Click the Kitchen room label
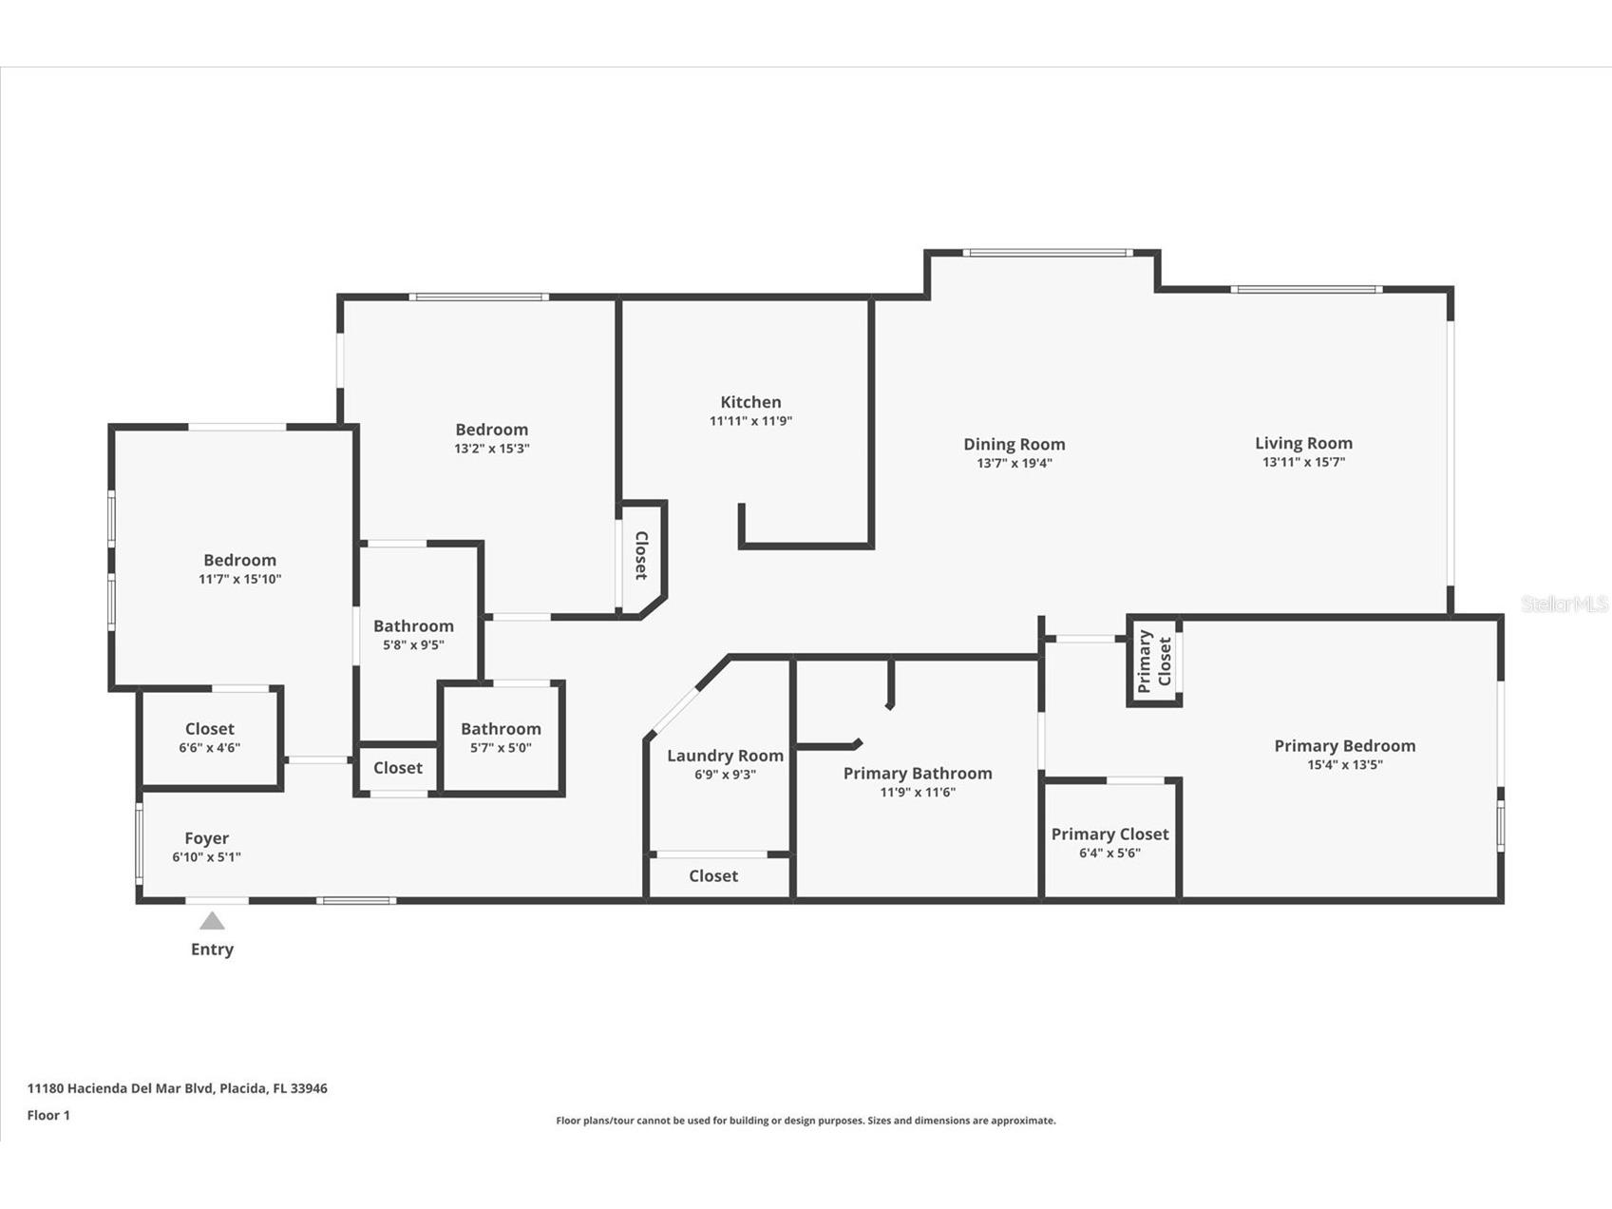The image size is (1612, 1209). (750, 402)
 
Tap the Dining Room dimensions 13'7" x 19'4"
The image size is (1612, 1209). (1014, 464)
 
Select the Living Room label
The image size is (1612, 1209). (1303, 443)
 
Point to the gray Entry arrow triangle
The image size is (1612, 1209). (212, 921)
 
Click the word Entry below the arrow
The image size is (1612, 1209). (212, 949)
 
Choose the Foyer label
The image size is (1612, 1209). (206, 838)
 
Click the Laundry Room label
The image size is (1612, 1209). (725, 756)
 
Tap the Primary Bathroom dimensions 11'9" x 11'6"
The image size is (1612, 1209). (917, 792)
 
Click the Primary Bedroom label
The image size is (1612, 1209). (1344, 746)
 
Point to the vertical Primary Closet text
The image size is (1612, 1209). (1154, 661)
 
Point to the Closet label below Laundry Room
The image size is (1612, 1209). (712, 876)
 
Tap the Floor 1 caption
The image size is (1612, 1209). (48, 1115)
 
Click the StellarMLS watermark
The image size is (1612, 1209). (1564, 604)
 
